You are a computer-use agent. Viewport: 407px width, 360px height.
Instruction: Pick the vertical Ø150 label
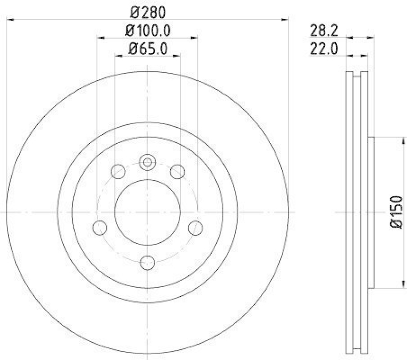tap(397, 212)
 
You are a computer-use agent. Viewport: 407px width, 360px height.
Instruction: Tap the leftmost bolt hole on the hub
tap(100, 227)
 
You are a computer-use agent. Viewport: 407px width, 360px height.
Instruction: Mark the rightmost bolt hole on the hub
tap(195, 227)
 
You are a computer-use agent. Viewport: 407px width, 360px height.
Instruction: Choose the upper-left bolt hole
tap(118, 172)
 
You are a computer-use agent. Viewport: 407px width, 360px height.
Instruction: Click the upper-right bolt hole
tap(177, 172)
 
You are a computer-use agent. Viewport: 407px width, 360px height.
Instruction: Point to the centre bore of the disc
tap(148, 211)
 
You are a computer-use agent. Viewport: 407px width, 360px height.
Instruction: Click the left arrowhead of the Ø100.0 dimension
tap(100, 37)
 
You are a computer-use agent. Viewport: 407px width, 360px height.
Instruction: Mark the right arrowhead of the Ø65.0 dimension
tap(178, 56)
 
